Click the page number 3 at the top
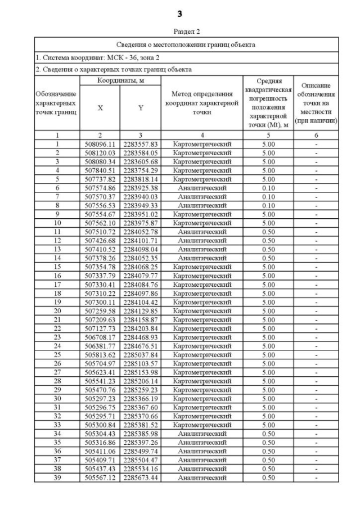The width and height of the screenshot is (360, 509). tap(180, 13)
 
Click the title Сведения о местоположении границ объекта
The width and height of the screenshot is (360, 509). tap(186, 44)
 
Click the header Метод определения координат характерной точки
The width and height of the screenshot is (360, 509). tap(202, 103)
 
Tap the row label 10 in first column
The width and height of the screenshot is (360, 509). tap(57, 223)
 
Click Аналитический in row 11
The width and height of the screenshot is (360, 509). tap(202, 232)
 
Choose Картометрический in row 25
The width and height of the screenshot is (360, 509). tap(202, 355)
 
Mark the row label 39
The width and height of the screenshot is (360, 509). tap(57, 478)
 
